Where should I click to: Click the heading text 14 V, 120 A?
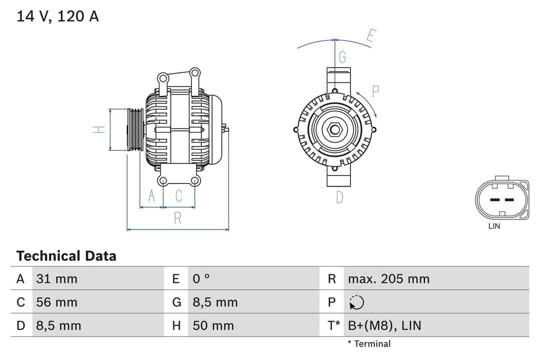coord(57,16)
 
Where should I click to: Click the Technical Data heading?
coord(66,256)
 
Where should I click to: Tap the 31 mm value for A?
coord(56,279)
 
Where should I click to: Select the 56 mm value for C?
coord(56,302)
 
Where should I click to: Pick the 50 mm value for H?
coord(213,326)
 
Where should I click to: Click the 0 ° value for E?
coord(201,279)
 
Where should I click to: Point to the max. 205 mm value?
coord(388,279)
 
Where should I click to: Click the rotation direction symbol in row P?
coord(356,302)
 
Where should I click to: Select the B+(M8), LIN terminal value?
coord(384,326)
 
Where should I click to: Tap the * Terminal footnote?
coord(369,344)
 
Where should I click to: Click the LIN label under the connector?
coord(494,226)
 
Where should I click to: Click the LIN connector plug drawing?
coord(501,199)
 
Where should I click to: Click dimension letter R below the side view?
coord(178,218)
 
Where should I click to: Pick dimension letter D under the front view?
coord(339,197)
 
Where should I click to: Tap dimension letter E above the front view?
coord(370,36)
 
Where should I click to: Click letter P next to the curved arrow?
coord(376,91)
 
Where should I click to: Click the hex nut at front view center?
coord(334,130)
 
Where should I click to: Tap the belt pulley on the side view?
coord(135,129)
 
